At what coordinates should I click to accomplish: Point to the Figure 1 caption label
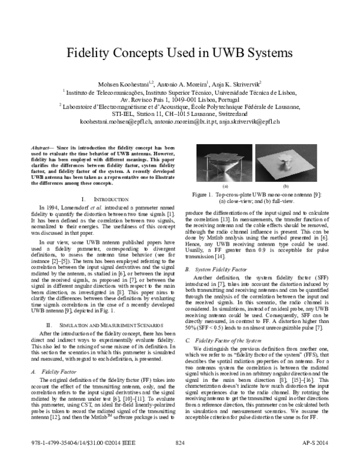click(x=208, y=195)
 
